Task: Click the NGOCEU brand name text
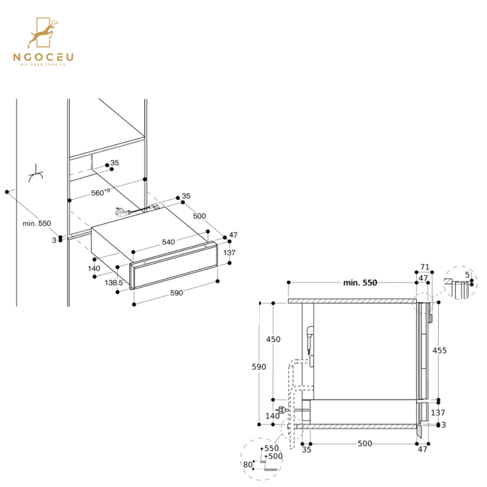44,56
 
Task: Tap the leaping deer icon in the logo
43,34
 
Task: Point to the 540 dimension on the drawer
168,242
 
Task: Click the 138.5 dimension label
114,282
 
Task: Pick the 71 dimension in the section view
424,267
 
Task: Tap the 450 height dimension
273,339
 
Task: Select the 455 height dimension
439,351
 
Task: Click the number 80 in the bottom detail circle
248,464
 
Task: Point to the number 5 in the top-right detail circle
467,275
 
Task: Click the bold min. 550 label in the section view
360,282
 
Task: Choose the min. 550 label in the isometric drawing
37,223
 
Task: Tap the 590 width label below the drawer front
176,293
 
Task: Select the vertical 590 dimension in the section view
259,367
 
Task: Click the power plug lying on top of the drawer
122,213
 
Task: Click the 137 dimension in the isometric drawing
229,253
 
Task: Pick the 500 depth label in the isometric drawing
199,216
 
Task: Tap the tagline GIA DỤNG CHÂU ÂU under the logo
44,64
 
